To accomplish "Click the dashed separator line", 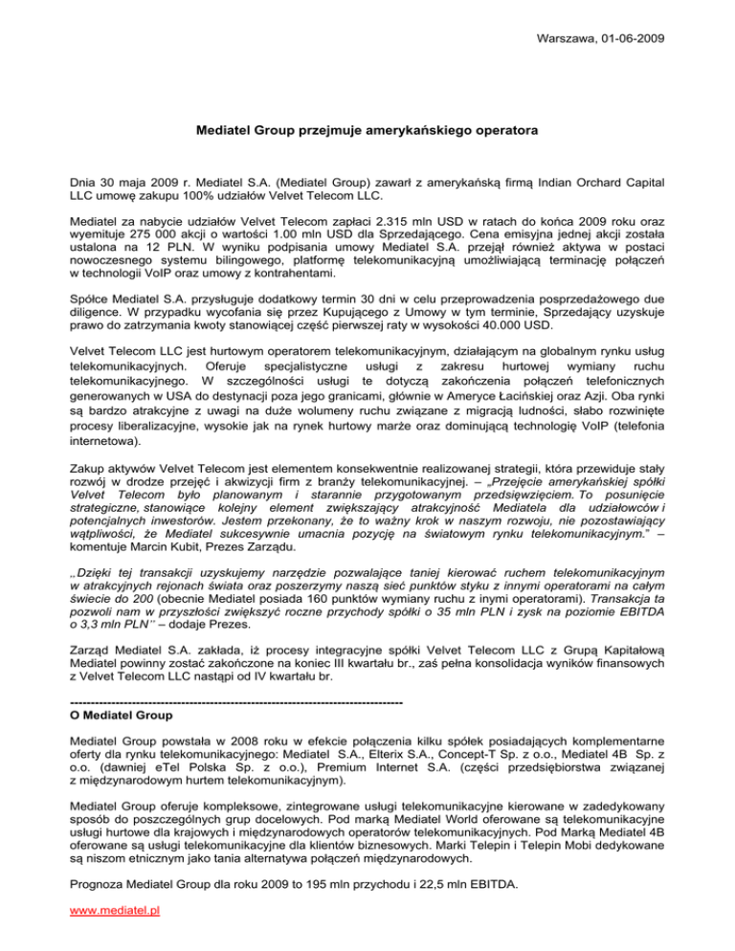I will point(230,691).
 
